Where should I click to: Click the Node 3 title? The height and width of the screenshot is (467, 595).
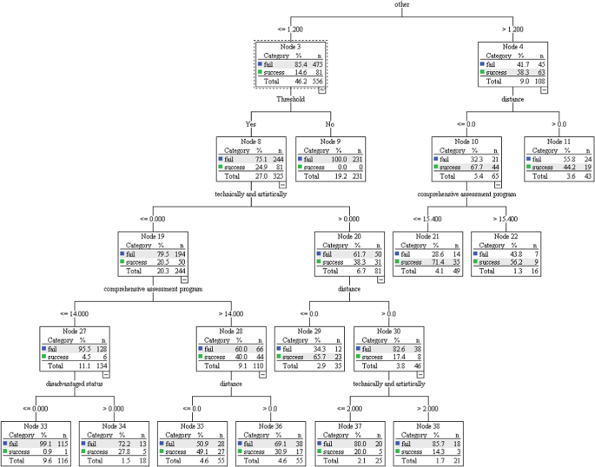[x=290, y=46]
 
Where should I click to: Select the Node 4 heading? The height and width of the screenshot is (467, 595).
[x=513, y=46]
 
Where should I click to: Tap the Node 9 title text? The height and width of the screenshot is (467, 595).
[x=330, y=141]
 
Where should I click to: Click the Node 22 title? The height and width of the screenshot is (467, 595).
[x=506, y=235]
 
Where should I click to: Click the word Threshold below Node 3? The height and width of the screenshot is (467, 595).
[x=290, y=100]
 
